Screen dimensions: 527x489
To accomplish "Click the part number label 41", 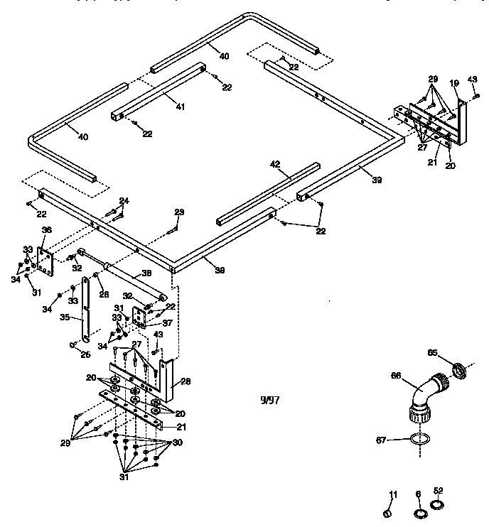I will pos(181,107).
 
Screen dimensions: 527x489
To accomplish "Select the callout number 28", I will pos(186,381).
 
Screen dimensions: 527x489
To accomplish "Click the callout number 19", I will pos(454,83).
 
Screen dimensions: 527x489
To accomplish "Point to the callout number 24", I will pos(124,201).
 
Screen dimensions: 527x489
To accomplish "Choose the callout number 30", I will pos(178,442).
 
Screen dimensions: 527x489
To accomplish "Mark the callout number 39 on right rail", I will pos(377,180).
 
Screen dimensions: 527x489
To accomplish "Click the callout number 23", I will pos(180,212).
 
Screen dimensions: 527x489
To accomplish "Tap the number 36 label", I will pos(47,229).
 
